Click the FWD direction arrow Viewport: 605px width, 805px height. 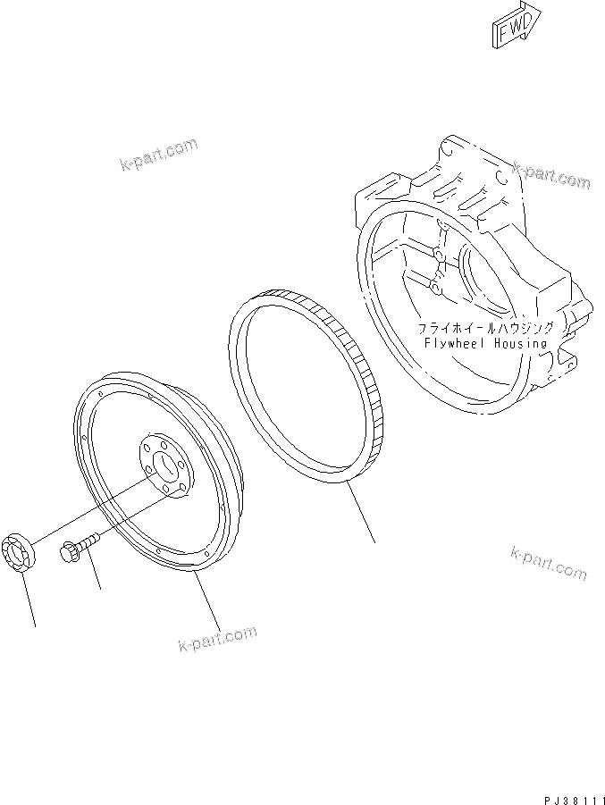coord(516,24)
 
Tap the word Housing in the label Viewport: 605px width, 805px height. coord(519,343)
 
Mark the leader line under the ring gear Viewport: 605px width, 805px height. coord(361,516)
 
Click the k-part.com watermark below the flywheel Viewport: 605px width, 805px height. coord(216,639)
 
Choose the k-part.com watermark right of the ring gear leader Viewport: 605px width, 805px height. coord(549,561)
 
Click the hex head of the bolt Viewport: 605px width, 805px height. coord(68,550)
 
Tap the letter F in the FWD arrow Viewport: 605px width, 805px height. coord(503,32)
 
